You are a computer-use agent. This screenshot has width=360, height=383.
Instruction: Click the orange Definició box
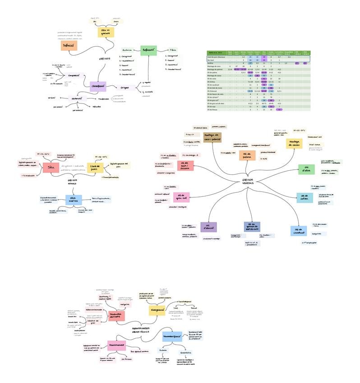pos(69,46)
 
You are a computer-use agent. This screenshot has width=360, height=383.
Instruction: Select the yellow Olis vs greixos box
pos(106,32)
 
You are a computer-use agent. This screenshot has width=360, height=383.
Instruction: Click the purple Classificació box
pos(98,86)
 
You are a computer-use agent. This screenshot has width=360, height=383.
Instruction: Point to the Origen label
pos(125,88)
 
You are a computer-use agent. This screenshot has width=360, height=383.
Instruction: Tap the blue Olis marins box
pos(73,199)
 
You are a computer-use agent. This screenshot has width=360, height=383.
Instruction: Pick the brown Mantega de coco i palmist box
pos(212,137)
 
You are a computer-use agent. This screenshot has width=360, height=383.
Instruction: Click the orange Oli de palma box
pos(247,155)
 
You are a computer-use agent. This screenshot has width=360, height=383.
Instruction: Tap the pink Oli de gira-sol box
pos(181,197)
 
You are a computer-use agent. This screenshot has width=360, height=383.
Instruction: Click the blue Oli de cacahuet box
pos(298,231)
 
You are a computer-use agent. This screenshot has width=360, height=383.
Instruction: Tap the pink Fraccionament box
pos(116,345)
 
